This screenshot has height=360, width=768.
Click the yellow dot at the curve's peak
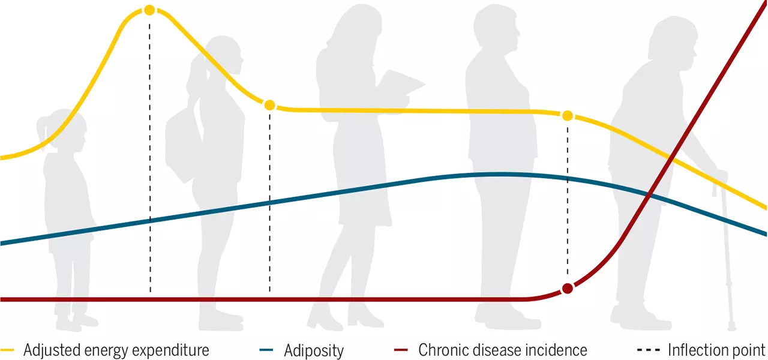(149, 10)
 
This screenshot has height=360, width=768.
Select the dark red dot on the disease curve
(568, 289)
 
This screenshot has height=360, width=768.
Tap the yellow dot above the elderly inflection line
(568, 116)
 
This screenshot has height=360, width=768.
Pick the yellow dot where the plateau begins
(270, 105)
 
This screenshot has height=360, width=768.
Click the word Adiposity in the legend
(314, 350)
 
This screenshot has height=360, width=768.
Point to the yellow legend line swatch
(7, 350)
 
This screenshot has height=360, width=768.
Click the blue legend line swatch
(266, 350)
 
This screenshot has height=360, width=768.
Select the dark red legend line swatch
(401, 350)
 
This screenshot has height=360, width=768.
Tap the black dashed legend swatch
(649, 350)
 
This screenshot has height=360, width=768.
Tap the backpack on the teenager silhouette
(180, 146)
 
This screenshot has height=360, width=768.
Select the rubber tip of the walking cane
(732, 328)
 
